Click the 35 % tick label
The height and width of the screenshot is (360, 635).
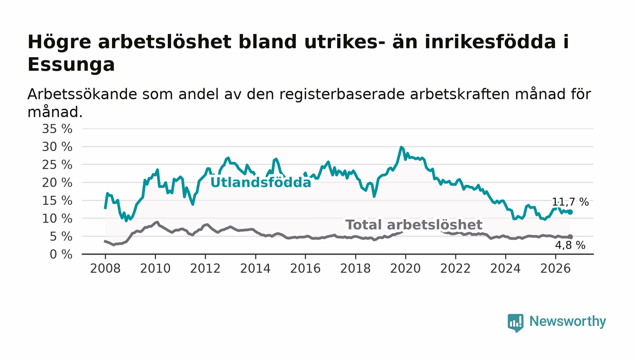57,129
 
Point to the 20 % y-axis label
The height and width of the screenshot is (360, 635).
57,183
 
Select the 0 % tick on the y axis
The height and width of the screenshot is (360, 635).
61,254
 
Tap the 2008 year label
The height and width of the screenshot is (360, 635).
105,268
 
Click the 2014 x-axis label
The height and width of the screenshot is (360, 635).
255,268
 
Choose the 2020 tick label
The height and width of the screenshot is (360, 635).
405,268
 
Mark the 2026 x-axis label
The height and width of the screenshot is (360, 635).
555,268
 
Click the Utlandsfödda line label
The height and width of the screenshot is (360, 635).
261,182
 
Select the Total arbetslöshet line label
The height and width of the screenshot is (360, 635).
414,225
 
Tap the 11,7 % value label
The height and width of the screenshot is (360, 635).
570,202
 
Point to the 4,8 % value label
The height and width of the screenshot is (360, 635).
570,245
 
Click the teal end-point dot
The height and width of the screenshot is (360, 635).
571,212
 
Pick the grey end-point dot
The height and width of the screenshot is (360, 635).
571,237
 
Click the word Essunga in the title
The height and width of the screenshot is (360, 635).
71,65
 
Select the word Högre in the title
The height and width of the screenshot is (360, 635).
59,43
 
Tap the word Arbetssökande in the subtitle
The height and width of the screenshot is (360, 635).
82,94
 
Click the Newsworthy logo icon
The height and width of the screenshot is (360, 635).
515,323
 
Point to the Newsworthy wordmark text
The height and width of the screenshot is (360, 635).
567,321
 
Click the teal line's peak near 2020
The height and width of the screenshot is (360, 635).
401,147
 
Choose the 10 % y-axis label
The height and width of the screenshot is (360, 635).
57,219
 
